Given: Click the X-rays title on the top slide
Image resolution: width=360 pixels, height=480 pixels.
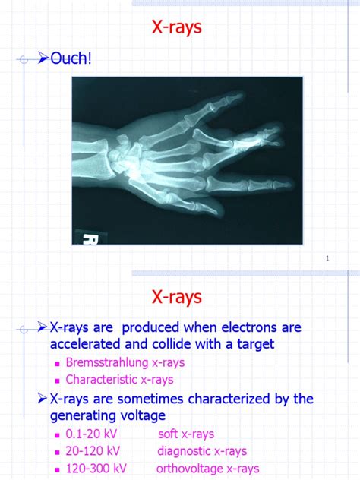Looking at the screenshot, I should click(176, 28).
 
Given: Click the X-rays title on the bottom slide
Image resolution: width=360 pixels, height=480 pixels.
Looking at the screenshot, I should click(176, 296).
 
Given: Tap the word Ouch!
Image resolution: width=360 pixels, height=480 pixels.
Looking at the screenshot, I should click(71, 58).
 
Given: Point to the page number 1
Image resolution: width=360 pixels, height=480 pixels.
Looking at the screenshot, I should click(327, 259).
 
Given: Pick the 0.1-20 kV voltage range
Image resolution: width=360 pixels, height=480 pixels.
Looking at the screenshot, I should click(92, 434).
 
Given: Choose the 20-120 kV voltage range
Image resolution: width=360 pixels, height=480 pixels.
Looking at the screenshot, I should click(92, 451).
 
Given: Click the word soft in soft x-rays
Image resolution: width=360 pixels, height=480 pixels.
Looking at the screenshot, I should click(169, 434).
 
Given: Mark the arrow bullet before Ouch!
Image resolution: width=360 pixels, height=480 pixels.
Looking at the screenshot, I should click(43, 58).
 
